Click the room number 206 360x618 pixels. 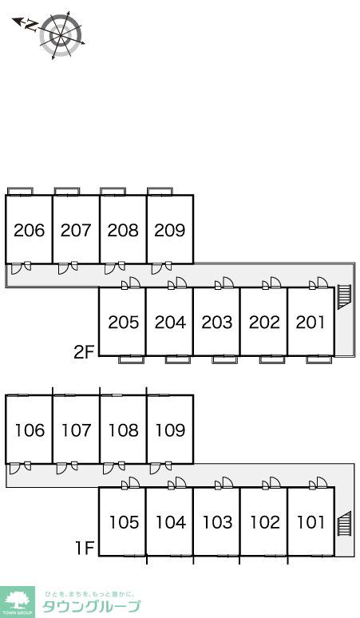(30, 230)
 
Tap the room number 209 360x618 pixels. (170, 230)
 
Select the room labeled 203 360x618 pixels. (217, 323)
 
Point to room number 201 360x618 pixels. (311, 323)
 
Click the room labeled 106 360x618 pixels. (30, 430)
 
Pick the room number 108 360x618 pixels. (123, 430)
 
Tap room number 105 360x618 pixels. (124, 522)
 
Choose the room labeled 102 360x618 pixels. (265, 522)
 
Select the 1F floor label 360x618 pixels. (85, 548)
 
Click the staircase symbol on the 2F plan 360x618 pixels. (344, 297)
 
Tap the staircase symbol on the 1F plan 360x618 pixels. (344, 524)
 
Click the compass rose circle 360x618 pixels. (61, 35)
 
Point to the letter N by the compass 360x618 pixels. (31, 26)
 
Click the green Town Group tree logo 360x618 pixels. (18, 602)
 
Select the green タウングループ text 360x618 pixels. (91, 606)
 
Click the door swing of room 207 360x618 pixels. (63, 268)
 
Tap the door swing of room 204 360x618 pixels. (180, 283)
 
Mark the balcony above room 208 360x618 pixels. (113, 191)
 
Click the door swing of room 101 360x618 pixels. (322, 482)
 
